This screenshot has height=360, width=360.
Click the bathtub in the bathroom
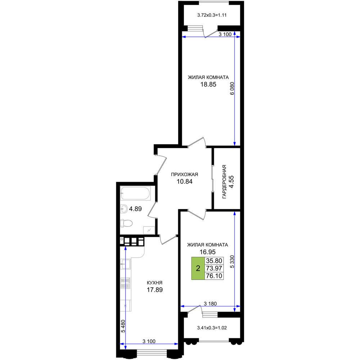[135, 193]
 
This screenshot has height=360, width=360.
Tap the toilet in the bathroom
[126, 223]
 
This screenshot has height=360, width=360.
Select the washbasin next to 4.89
[124, 209]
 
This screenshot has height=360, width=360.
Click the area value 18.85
[208, 84]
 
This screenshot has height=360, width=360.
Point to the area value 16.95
[207, 252]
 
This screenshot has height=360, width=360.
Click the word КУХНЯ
[154, 283]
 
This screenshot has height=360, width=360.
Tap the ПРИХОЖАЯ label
[184, 175]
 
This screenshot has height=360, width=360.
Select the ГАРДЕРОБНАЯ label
[224, 182]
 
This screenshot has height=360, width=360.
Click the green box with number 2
[198, 268]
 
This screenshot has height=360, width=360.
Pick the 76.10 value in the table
[214, 276]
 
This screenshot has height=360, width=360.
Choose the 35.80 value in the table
[214, 261]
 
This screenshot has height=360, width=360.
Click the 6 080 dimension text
[232, 89]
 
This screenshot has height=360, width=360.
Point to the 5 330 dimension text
[232, 261]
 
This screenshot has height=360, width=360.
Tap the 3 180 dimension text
[210, 303]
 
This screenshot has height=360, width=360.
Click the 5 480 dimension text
[123, 326]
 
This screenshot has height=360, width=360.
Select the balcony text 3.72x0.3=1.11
[212, 15]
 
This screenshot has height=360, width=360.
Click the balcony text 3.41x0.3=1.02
[212, 328]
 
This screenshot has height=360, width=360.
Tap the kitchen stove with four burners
[125, 283]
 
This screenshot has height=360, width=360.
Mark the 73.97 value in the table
[214, 268]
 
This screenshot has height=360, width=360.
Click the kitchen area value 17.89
[155, 290]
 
